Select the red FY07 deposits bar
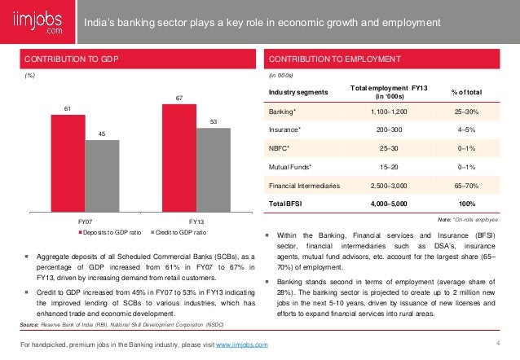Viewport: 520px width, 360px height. click(68, 163)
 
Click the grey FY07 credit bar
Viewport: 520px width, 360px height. click(102, 176)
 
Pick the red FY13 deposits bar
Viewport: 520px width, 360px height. click(179, 158)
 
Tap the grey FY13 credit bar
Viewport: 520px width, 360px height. click(214, 170)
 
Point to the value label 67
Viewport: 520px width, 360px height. click(179, 99)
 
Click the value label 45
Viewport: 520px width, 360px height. click(102, 134)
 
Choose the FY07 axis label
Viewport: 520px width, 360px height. click(85, 221)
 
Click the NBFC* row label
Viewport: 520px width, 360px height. click(281, 147)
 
